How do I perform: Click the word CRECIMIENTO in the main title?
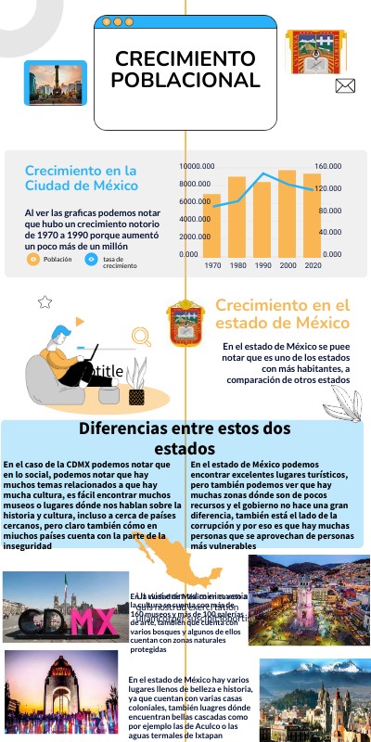185,59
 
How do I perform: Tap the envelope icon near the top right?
345,86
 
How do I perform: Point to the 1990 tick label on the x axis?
262,266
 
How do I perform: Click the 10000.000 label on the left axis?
196,166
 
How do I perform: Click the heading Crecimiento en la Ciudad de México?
81,178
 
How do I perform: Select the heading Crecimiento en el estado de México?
282,313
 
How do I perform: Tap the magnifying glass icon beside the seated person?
142,337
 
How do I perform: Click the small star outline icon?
44,301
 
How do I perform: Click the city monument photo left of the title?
55,83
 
